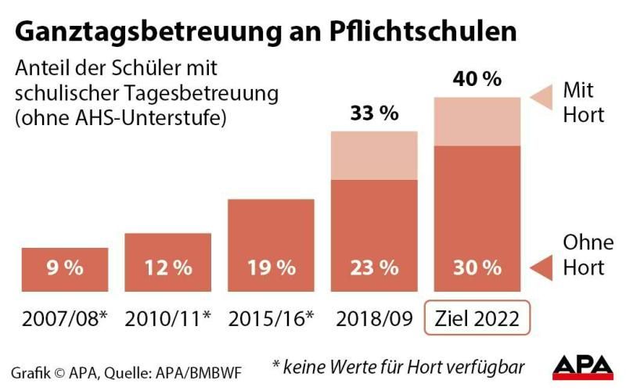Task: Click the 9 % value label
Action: click(65, 267)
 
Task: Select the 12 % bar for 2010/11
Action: click(167, 262)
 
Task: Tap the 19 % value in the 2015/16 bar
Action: click(271, 267)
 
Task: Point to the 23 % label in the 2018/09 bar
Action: click(374, 267)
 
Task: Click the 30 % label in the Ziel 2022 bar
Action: click(477, 267)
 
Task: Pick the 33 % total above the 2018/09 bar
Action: click(374, 113)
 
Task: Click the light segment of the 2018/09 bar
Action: click(374, 155)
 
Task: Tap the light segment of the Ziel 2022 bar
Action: click(477, 121)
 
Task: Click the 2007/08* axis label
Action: click(65, 318)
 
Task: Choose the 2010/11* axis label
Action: click(167, 318)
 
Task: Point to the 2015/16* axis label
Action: click(271, 318)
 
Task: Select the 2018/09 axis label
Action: click(374, 318)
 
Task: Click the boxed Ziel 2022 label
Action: click(477, 318)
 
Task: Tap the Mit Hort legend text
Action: click(584, 102)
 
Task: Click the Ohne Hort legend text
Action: click(584, 254)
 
